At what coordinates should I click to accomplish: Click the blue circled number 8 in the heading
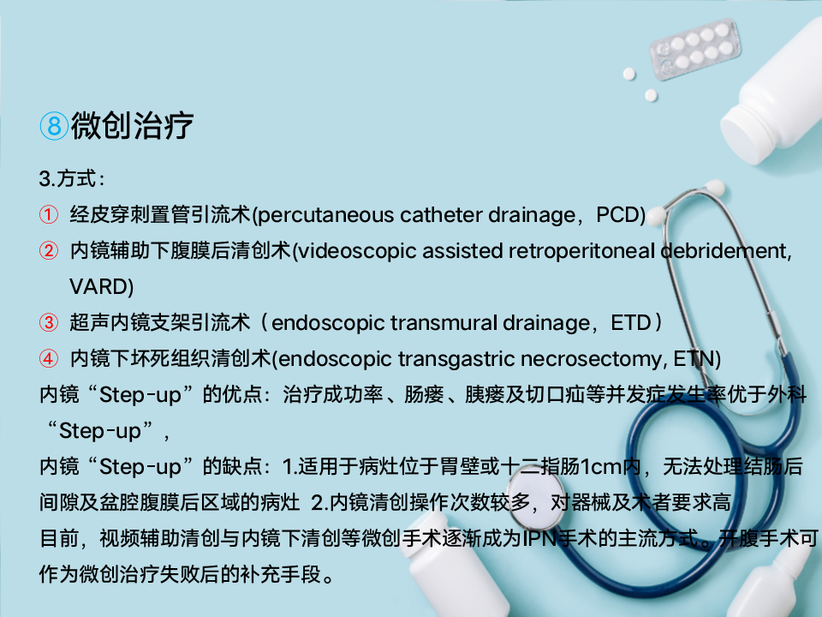54,126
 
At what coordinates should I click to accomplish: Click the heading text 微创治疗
132,126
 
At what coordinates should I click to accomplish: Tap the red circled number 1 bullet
49,214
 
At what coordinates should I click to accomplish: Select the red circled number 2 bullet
49,251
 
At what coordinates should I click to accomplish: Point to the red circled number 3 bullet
49,322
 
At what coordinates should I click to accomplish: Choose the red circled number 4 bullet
49,358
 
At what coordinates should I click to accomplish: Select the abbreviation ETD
631,323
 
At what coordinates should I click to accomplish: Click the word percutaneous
326,215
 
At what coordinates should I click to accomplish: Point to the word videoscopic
358,251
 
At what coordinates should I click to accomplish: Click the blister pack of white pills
694,48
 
